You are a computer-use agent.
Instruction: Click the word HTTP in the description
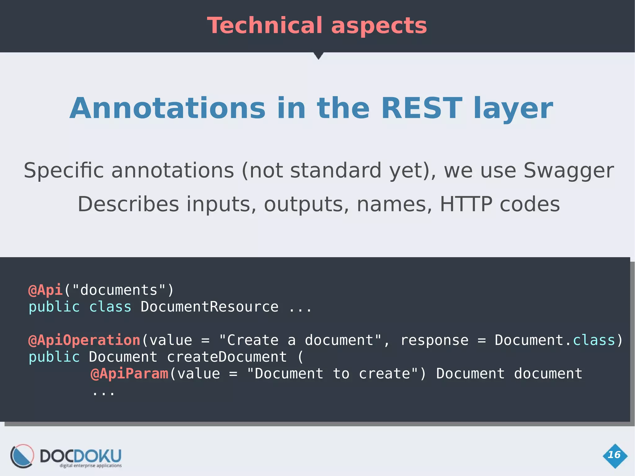tap(466, 204)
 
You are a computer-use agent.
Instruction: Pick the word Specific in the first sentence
tap(64, 171)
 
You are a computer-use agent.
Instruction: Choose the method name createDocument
tap(227, 357)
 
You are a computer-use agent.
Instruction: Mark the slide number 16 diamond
tap(615, 455)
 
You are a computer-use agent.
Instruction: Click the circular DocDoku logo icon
tap(22, 456)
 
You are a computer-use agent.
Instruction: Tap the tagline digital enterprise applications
tap(91, 465)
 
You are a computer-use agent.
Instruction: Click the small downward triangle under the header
tap(318, 56)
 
